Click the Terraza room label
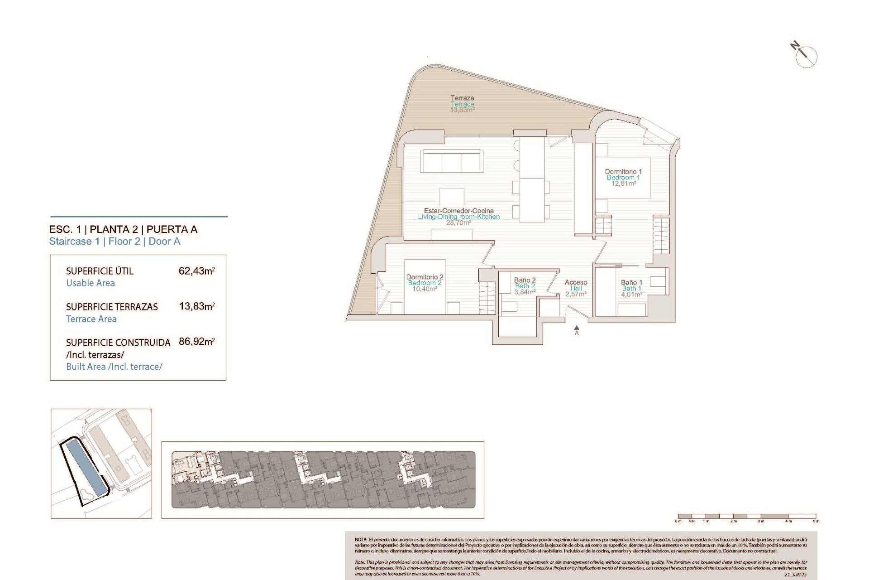coord(462,98)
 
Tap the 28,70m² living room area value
coord(458,223)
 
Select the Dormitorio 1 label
coord(623,172)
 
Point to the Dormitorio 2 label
coord(425,277)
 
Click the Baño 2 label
coord(525,280)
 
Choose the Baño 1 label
coord(631,282)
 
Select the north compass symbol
coord(805,56)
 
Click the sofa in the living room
coord(451,161)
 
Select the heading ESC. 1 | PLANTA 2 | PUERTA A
coord(123,229)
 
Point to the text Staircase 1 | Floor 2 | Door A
coord(115,242)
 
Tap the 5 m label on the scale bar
coord(816,521)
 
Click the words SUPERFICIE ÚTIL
coord(100,271)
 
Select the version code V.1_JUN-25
coord(795,575)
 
